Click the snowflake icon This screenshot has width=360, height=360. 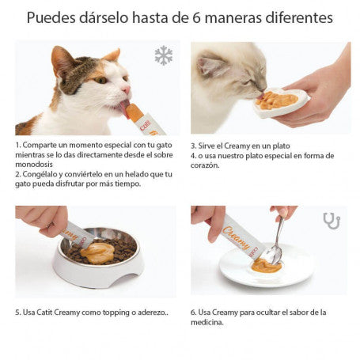164,55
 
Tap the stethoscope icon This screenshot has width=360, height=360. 332,221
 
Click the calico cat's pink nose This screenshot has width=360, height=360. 127,90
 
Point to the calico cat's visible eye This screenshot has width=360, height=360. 101,80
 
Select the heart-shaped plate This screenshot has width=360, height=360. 282,103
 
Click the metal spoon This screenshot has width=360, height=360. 278,241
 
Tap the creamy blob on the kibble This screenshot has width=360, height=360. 98,253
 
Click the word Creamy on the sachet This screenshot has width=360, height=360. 236,238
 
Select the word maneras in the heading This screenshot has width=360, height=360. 233,18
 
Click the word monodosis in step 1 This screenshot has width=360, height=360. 34,165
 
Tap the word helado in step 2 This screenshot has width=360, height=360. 136,174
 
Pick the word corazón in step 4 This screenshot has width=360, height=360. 205,165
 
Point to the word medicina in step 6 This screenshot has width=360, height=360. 207,322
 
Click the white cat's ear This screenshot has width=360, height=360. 211,65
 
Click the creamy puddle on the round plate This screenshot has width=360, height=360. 266,266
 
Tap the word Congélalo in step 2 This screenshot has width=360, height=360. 43,175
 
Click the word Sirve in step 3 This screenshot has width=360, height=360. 205,146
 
